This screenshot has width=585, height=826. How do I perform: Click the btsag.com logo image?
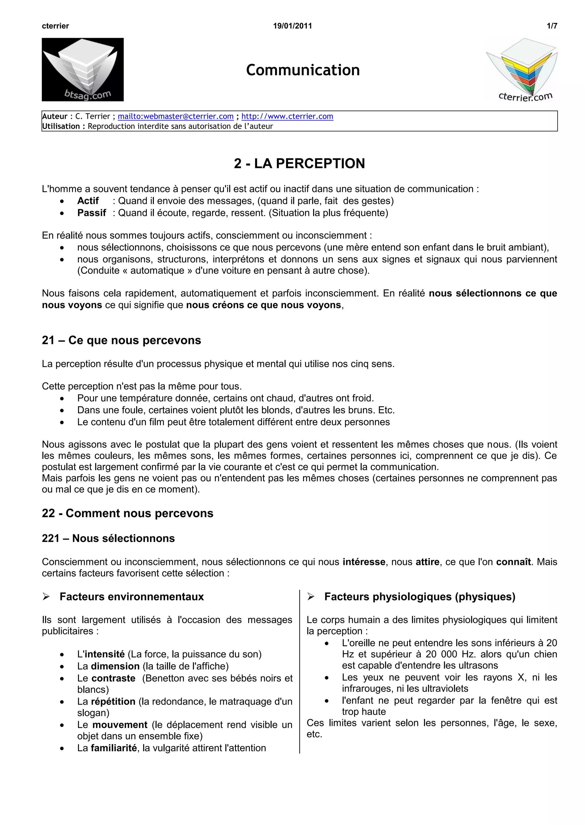coord(83,69)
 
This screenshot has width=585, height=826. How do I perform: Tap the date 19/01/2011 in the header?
coord(292,26)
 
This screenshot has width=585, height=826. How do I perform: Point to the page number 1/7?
coord(552,26)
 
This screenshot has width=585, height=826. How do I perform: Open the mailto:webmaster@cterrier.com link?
coord(176,116)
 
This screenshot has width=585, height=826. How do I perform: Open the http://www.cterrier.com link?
coord(287,116)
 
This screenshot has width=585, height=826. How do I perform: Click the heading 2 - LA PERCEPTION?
coord(299,163)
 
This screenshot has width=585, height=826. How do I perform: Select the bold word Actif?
coord(88,201)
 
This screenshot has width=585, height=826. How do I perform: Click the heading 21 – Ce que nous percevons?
coord(121,340)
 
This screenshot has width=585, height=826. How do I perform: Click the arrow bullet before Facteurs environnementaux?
coord(46,597)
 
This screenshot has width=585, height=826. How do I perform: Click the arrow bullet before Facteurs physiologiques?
coord(311,597)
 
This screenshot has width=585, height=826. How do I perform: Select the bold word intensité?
coord(105,654)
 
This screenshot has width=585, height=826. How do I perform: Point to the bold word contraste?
coord(113,678)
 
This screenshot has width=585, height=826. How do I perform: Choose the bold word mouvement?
coord(120,725)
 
